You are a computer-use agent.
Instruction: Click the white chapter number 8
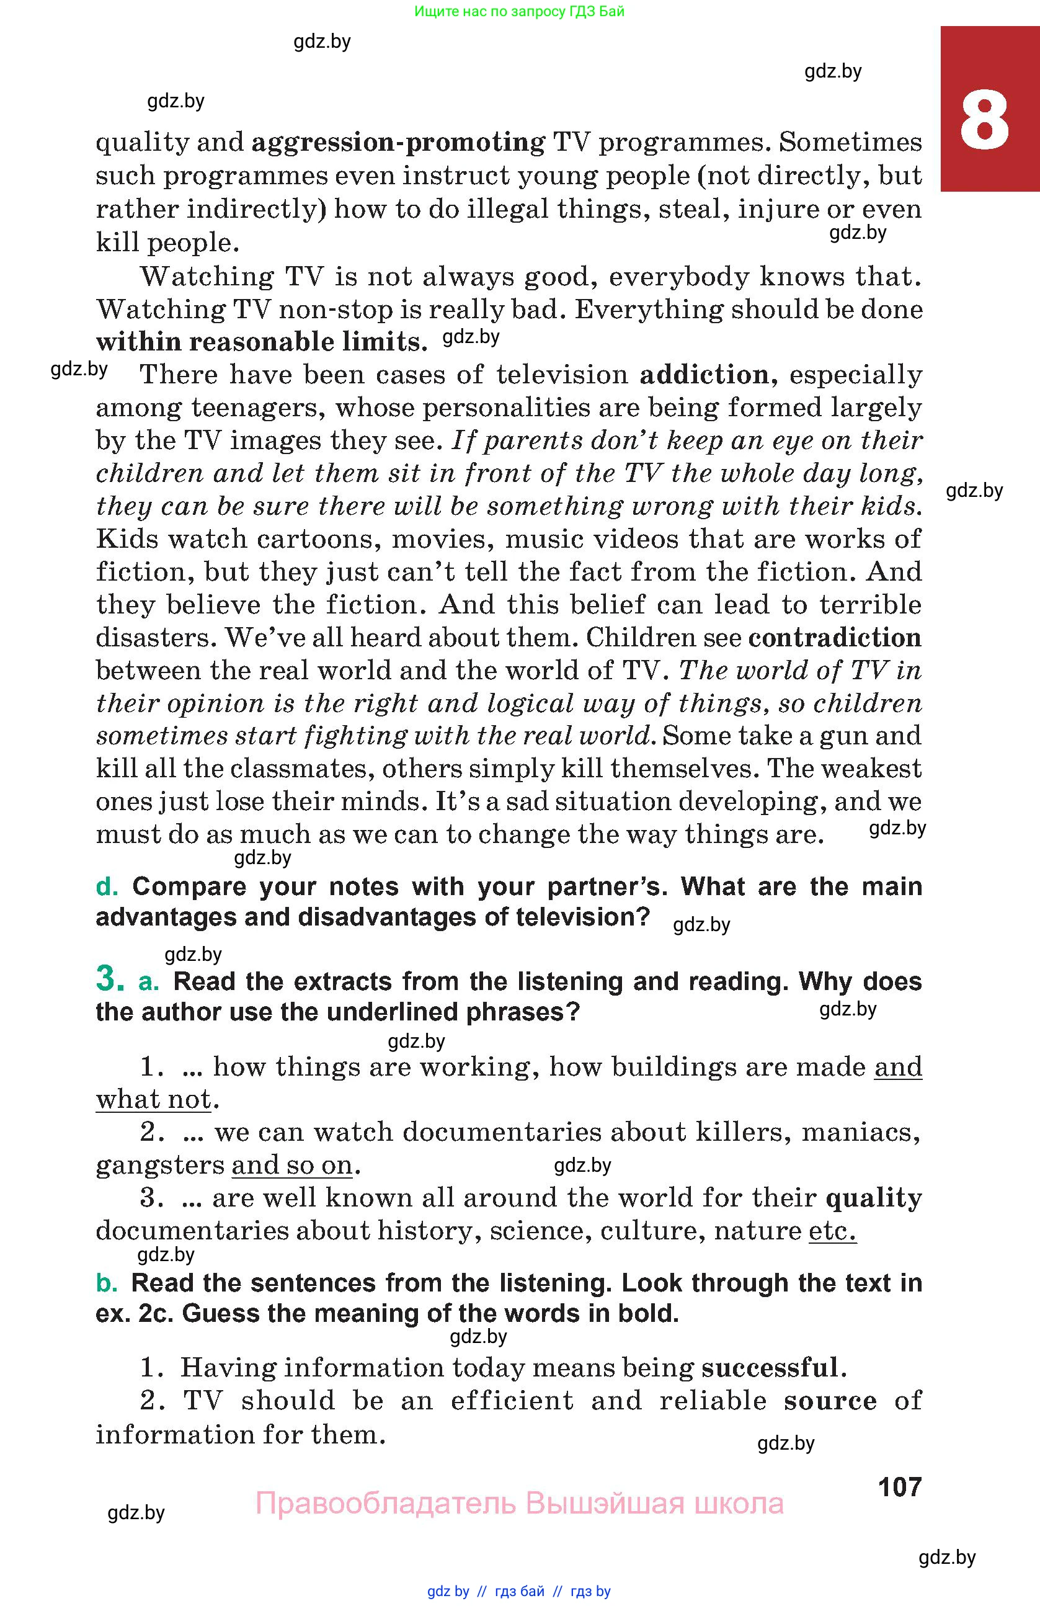[984, 122]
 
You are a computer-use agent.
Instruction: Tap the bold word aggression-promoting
[398, 143]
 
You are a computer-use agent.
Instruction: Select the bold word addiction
[704, 375]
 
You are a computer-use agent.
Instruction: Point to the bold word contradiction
[835, 637]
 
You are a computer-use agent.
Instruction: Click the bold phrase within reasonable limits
[261, 342]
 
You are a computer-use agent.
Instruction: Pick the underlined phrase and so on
[291, 1166]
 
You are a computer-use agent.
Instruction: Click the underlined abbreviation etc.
[832, 1231]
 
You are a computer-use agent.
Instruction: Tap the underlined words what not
[154, 1099]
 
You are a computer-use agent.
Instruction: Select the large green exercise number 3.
[110, 979]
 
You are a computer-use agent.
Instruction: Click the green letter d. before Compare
[107, 886]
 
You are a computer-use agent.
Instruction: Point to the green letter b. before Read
[107, 1283]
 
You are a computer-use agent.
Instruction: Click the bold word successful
[770, 1368]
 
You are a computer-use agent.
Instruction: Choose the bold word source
[830, 1401]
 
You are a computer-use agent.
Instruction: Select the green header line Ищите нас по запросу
[519, 11]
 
